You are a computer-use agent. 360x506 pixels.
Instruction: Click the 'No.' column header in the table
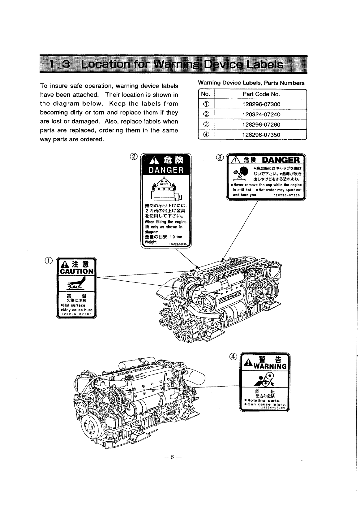pos(206,94)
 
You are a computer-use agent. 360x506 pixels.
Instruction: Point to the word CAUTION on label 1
pos(76,271)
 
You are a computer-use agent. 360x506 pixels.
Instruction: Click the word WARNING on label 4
pos(268,366)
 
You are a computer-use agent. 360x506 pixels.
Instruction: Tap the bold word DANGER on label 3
pos(281,160)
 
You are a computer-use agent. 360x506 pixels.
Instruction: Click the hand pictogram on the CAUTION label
pos(76,284)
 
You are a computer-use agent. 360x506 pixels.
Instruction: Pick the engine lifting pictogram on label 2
pos(166,189)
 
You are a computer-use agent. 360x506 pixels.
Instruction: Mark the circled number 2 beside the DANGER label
pos(133,156)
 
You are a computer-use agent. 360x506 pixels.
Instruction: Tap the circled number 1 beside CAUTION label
pos(51,260)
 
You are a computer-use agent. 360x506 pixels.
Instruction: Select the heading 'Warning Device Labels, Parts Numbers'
pos(251,83)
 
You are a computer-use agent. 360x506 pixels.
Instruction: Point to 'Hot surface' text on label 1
pos(74,305)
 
